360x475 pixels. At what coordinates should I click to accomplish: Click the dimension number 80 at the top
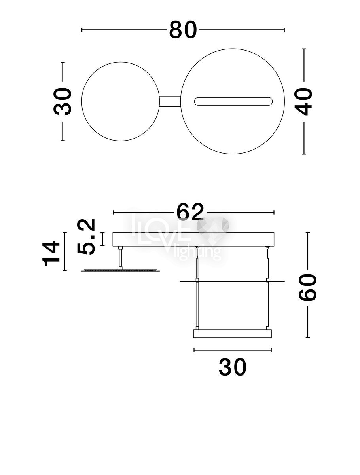tap(183, 30)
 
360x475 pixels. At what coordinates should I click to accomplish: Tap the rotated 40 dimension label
tap(303, 101)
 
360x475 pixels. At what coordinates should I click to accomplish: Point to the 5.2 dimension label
tap(86, 237)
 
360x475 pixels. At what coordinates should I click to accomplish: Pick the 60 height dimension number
tap(307, 287)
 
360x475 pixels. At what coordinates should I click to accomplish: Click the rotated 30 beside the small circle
tap(63, 101)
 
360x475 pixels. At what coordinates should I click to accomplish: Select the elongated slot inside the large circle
tap(233, 101)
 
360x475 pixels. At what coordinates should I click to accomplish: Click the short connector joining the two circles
tap(170, 101)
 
